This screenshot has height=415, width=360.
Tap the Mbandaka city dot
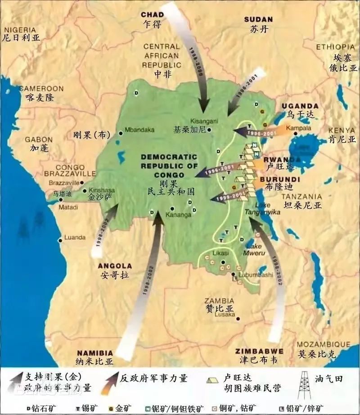[121, 133]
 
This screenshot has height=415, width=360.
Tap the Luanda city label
[75, 238]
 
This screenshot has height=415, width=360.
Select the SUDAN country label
[258, 19]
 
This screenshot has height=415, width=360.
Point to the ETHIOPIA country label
[335, 47]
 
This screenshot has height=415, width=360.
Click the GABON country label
[39, 140]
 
